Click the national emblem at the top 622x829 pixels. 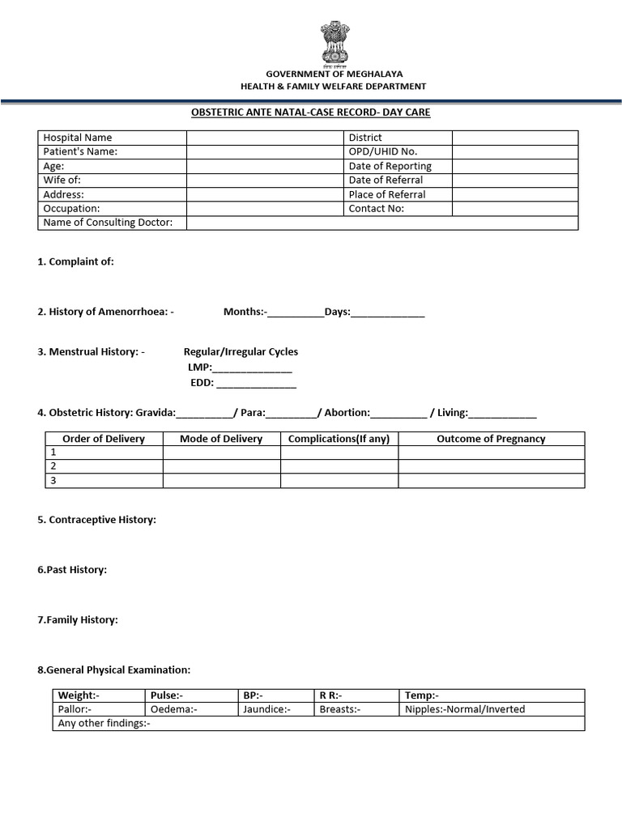(333, 43)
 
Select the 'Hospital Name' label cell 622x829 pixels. (78, 138)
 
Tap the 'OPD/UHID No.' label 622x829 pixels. (383, 151)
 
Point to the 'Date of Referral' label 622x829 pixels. (386, 180)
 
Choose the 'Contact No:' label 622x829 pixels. (376, 208)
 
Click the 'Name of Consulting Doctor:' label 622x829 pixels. (108, 223)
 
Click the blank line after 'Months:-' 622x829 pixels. (295, 312)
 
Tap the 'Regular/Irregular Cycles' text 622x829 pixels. (241, 351)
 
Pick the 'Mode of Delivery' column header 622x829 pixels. (221, 439)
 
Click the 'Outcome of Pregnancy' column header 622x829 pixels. (491, 439)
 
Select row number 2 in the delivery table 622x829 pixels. (53, 466)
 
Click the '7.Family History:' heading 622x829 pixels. (78, 620)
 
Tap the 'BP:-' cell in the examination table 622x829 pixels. (253, 695)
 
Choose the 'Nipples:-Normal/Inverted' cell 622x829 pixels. (465, 709)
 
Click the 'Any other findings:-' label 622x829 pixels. (104, 723)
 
